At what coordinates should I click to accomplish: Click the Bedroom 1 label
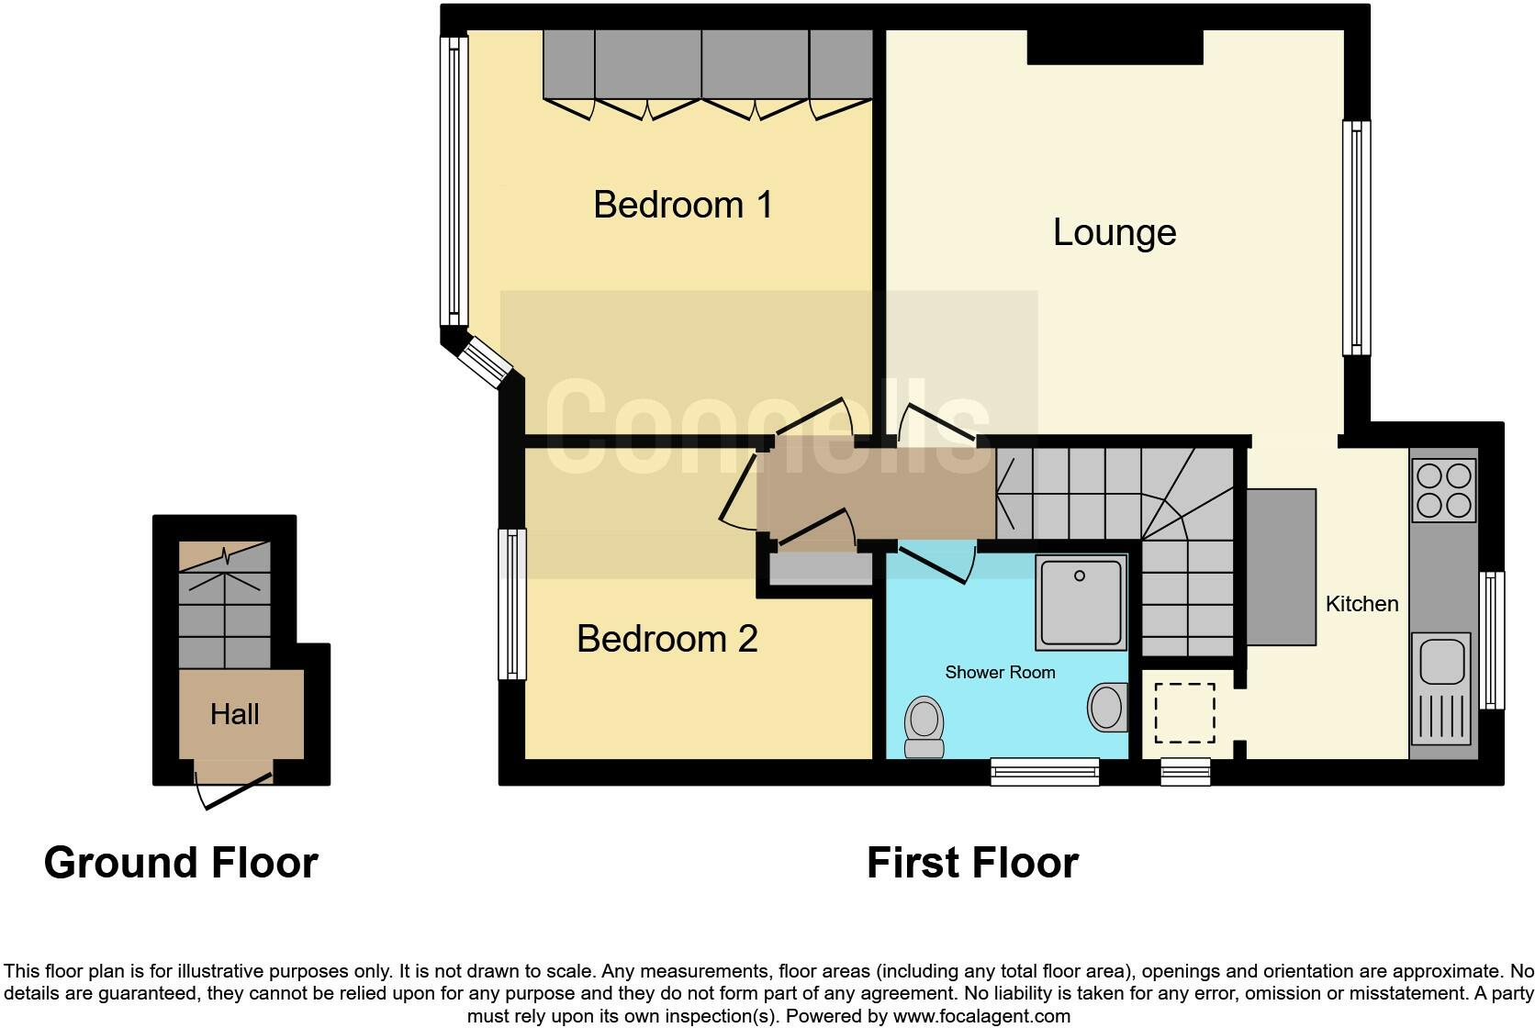[x=682, y=205]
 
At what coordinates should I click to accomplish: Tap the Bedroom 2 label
[x=667, y=639]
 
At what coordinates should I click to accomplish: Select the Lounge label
[x=1114, y=232]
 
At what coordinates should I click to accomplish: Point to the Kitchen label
[x=1361, y=604]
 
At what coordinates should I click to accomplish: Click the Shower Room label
[x=1000, y=673]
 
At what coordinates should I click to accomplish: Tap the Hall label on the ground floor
[x=235, y=714]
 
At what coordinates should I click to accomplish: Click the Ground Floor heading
[x=181, y=863]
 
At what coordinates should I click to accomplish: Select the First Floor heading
[x=972, y=863]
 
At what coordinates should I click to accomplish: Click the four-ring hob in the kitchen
[x=1444, y=490]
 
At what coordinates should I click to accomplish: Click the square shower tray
[x=1081, y=601]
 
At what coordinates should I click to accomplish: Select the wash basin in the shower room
[x=1108, y=708]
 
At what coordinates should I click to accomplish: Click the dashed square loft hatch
[x=1184, y=712]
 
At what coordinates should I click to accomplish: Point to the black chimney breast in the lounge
[x=1114, y=47]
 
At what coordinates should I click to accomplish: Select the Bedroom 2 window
[x=512, y=604]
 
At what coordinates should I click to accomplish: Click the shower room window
[x=1045, y=772]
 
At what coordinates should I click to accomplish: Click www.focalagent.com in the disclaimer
[x=980, y=1016]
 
